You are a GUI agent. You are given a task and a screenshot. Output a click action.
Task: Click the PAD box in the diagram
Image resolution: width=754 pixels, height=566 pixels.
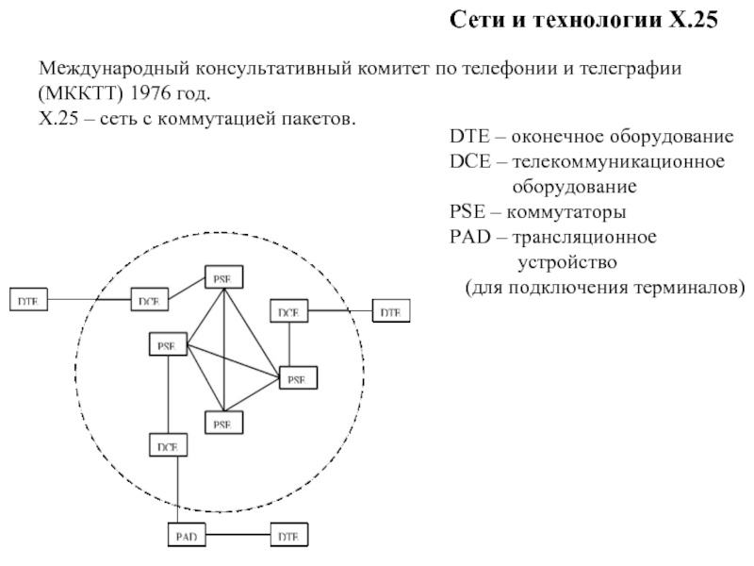pos(186,536)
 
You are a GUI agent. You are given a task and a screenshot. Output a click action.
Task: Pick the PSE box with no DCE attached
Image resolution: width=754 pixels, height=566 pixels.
pos(222,424)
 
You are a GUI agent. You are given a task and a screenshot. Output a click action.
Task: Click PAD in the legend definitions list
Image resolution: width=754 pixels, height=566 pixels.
pos(468,235)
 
